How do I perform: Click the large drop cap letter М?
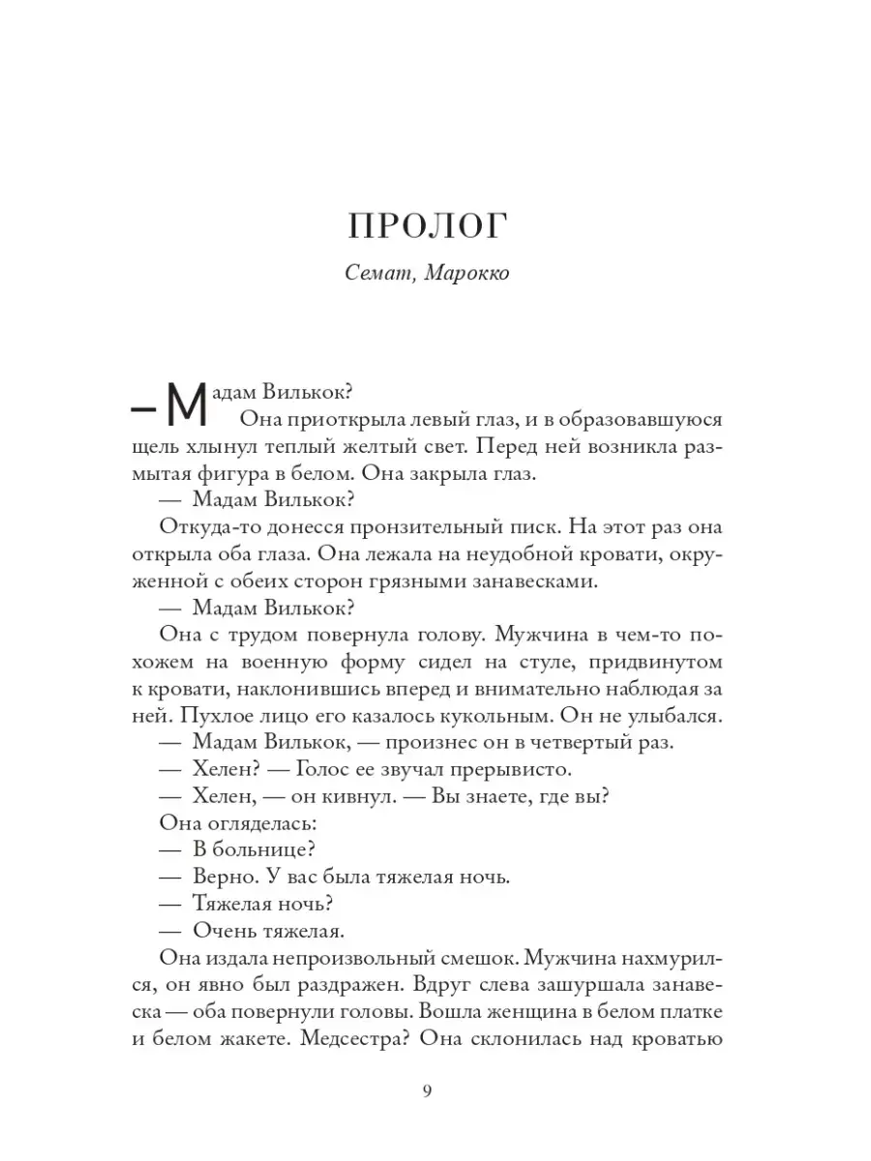tap(187, 401)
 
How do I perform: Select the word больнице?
tap(261, 848)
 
